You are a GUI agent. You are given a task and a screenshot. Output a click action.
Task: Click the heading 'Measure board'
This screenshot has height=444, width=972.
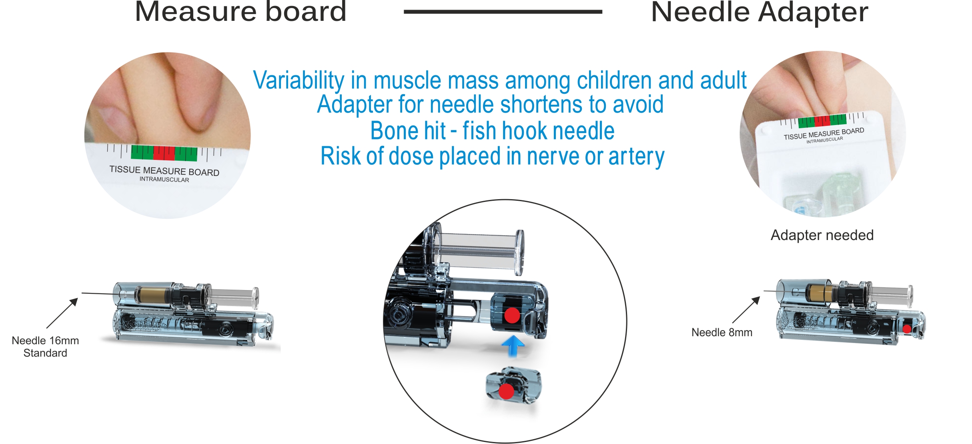240,12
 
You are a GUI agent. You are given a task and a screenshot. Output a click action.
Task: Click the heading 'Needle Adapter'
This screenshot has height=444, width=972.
760,12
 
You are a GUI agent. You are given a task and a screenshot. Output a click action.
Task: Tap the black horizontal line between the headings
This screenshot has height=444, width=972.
503,12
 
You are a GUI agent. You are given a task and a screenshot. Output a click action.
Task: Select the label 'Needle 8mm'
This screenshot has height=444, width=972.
722,332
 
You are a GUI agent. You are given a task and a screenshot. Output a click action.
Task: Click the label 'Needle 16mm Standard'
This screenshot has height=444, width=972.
45,347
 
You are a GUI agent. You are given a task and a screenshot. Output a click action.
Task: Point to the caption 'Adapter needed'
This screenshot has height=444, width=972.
822,235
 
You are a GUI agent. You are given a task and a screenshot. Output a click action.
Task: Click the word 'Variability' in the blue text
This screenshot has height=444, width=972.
299,80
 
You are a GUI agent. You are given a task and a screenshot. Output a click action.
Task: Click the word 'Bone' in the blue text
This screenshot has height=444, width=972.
408,131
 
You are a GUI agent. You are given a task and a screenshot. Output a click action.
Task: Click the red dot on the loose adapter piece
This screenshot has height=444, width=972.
506,392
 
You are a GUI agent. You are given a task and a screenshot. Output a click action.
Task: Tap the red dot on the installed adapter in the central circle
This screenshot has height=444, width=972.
512,315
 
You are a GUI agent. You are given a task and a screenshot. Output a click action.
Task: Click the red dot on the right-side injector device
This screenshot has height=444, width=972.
907,329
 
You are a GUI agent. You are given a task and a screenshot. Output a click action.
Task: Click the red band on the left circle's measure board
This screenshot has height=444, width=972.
164,153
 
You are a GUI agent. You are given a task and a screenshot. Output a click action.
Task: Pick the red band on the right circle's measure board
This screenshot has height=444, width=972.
822,120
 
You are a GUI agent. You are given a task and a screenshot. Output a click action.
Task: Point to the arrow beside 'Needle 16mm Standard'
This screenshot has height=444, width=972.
62,313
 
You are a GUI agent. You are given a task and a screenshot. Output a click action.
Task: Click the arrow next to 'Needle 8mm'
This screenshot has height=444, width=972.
746,310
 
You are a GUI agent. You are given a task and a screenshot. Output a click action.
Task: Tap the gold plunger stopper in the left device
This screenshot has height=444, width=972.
151,295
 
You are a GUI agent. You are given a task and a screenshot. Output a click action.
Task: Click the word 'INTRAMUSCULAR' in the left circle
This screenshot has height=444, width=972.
164,179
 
